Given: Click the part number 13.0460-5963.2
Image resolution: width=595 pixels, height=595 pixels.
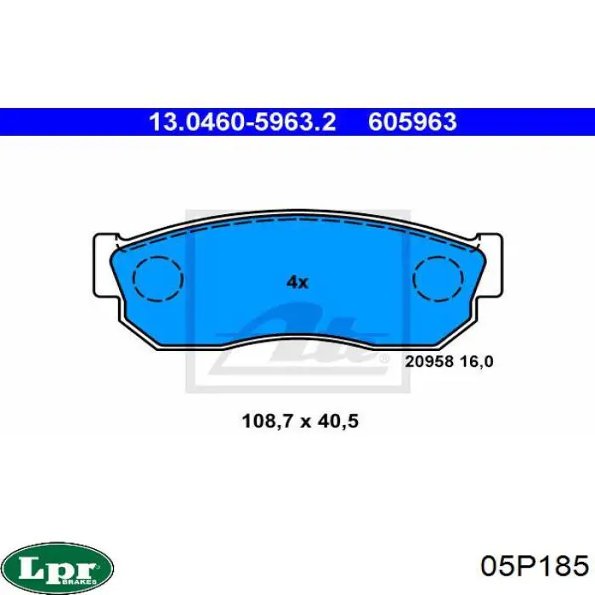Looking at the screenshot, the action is click(242, 122).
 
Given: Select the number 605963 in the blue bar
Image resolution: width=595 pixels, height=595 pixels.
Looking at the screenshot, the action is click(412, 122).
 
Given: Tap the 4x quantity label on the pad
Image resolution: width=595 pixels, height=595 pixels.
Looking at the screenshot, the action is click(297, 282).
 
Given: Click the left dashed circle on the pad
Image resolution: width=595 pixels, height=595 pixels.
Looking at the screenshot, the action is click(158, 279).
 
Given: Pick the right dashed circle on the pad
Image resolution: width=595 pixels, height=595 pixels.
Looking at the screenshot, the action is click(438, 279).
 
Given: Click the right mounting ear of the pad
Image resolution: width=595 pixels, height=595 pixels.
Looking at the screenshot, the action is click(491, 265).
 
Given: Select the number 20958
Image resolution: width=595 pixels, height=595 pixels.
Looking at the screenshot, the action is click(429, 361).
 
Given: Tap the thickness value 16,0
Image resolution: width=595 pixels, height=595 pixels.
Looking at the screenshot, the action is click(476, 362).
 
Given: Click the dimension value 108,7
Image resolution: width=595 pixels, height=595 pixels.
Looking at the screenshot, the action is click(268, 422).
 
